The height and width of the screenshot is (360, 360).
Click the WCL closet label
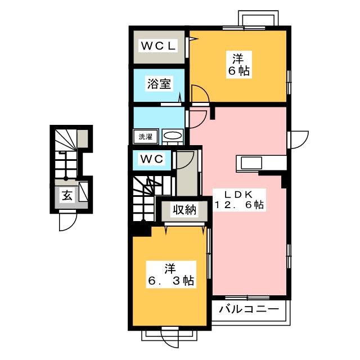(158, 46)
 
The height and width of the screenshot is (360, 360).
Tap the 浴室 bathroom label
(159, 84)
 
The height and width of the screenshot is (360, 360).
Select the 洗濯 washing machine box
(146, 137)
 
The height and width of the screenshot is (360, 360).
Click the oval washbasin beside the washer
(173, 136)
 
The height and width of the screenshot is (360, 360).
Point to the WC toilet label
(152, 159)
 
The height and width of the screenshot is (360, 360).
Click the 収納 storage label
(184, 209)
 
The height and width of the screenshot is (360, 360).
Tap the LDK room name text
(238, 195)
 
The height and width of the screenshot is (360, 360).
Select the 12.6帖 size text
(239, 205)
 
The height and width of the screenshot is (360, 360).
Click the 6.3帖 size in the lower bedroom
(171, 280)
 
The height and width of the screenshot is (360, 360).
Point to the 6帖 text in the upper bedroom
(238, 71)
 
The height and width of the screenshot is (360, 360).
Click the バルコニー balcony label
(249, 309)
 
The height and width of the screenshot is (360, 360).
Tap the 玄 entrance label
(67, 196)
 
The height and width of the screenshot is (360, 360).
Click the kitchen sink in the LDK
(251, 163)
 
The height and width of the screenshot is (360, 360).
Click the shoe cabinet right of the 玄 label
(83, 192)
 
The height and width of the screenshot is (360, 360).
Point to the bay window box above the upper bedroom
(258, 18)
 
